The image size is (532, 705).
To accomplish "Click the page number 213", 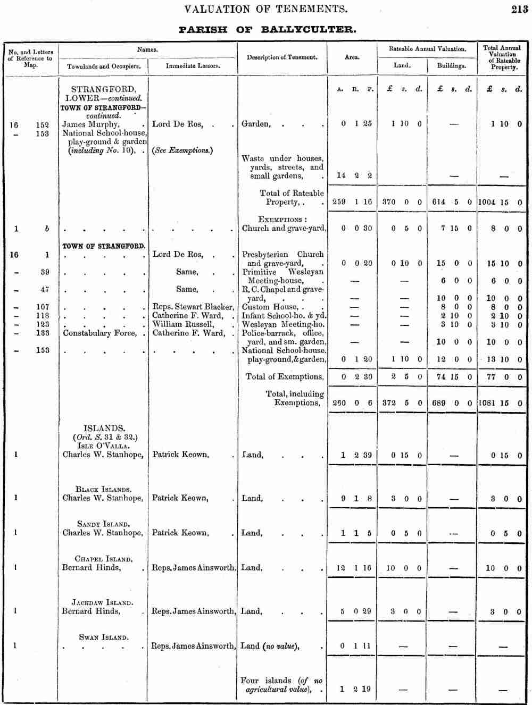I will (519, 9).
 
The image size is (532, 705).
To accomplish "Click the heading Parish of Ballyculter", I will (267, 30).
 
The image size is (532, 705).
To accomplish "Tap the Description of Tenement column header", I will (282, 57).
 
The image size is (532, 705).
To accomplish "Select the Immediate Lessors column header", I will (193, 66).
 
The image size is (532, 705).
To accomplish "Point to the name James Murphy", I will (90, 124).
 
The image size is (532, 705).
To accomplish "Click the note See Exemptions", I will (182, 150).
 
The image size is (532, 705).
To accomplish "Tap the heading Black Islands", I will (103, 489).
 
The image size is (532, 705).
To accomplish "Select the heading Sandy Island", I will (103, 524).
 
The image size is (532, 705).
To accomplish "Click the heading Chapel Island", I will (103, 559).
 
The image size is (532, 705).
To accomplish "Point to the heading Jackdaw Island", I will (102, 602).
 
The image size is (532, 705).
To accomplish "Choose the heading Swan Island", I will (103, 637).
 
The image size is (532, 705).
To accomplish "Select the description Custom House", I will (270, 307).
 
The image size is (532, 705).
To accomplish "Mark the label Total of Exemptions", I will (285, 377).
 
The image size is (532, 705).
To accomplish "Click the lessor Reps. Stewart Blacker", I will (193, 307).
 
